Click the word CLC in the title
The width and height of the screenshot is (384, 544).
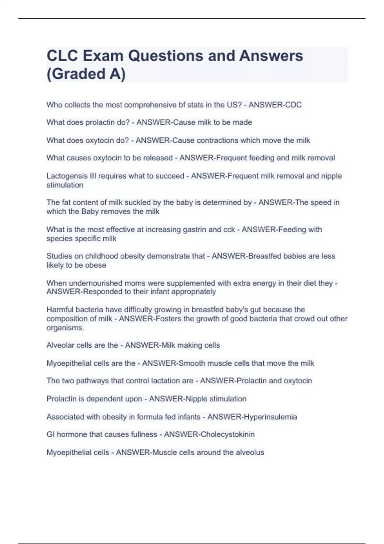click(x=62, y=56)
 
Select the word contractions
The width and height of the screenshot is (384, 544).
click(x=217, y=140)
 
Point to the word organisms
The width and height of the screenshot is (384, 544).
click(x=65, y=328)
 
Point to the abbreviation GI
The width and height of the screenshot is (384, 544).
click(x=50, y=434)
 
